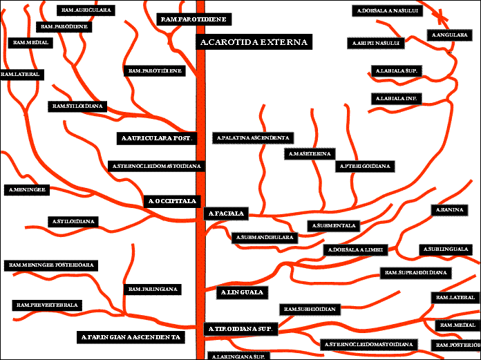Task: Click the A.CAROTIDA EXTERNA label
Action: (253, 43)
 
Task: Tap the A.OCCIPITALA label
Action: (173, 201)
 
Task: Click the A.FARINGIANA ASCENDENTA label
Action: (131, 337)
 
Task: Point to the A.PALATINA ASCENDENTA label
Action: (252, 138)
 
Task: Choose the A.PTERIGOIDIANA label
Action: (365, 166)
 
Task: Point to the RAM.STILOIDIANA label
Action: (77, 106)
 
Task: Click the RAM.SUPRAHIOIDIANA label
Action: (416, 273)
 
